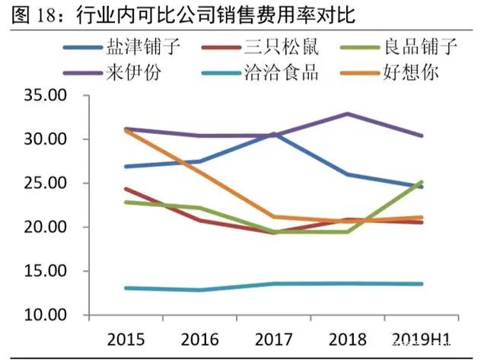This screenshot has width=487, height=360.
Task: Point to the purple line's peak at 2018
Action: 348,114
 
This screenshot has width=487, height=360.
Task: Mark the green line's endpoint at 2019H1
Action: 421,183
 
